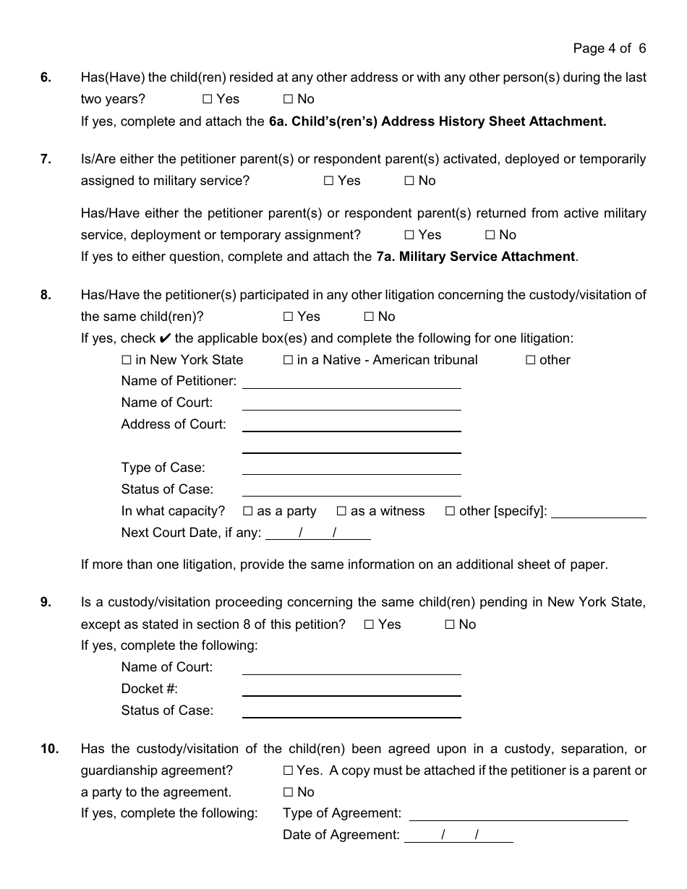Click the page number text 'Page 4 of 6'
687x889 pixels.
pos(609,48)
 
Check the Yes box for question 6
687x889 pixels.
pos(208,99)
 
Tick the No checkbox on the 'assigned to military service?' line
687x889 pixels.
pos(409,181)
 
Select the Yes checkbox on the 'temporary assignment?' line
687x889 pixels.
pos(409,235)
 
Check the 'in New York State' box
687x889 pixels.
pos(127,360)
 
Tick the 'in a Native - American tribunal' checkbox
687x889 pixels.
pos(288,360)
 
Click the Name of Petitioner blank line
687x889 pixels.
pos(351,382)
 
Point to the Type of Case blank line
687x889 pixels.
pos(351,468)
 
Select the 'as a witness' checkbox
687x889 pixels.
pos(342,511)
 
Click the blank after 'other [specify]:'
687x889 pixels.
pos(598,512)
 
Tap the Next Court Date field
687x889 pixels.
pos(318,534)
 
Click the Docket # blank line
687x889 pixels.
pos(351,690)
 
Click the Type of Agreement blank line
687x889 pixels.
pos(519,815)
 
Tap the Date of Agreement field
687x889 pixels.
pos(458,836)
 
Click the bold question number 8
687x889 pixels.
pos(46,295)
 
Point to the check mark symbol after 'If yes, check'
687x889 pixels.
pos(165,338)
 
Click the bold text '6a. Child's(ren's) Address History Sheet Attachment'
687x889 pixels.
pos(437,121)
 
